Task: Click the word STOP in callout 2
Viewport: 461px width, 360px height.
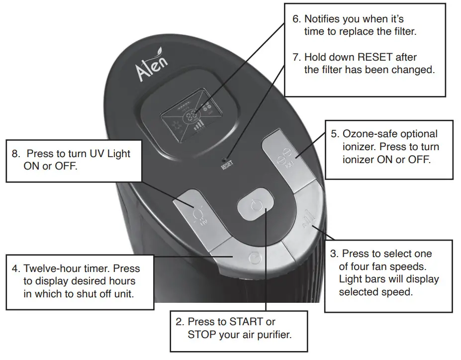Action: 201,334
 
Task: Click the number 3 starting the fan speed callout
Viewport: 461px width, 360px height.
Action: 334,254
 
